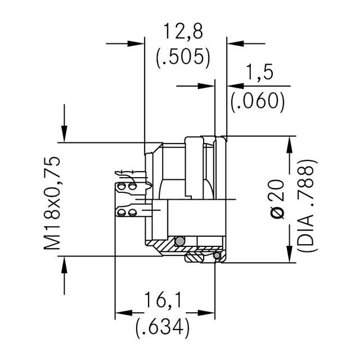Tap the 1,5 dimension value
click(x=260, y=73)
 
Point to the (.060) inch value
click(x=258, y=101)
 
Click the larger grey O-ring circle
click(x=179, y=242)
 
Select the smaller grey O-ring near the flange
click(x=217, y=256)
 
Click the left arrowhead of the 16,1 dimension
click(x=123, y=313)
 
